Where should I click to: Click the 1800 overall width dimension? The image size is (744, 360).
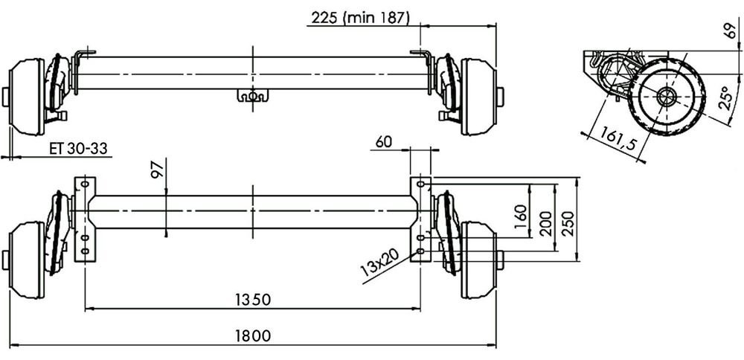click(253, 335)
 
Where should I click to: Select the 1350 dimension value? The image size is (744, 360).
click(253, 299)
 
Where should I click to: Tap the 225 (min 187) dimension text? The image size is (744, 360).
click(360, 18)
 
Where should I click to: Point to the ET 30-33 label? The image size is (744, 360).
click(79, 149)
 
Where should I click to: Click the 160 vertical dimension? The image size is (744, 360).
click(521, 216)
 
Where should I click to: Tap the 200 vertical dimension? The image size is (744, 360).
click(546, 223)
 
